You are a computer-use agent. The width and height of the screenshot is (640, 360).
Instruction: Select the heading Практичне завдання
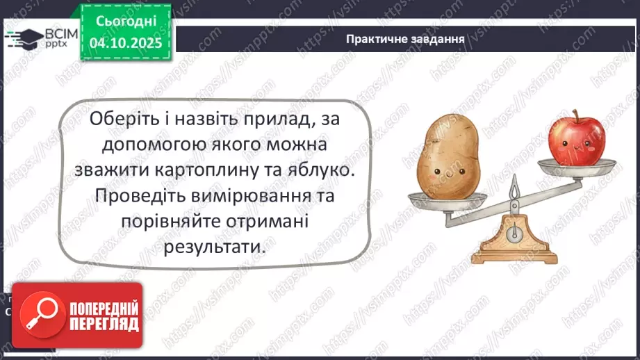click(x=405, y=38)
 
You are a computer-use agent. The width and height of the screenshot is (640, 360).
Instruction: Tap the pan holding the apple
click(x=578, y=166)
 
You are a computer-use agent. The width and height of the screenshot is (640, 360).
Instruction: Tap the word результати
click(x=215, y=247)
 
